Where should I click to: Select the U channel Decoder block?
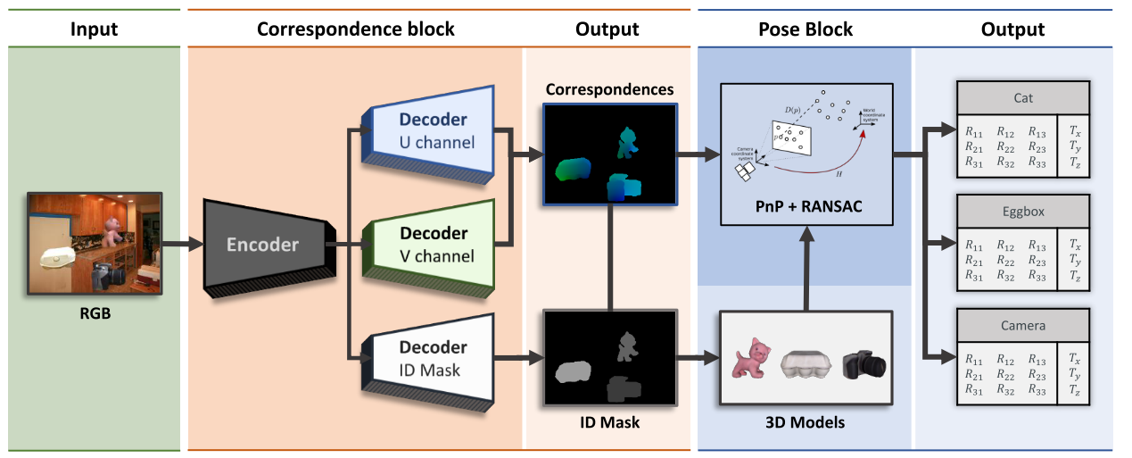coord(429,129)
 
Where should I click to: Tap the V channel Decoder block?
coord(429,244)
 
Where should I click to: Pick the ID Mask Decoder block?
coord(429,357)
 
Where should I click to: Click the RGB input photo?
coord(95,243)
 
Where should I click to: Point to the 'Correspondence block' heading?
coord(355,29)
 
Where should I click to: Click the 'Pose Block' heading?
coord(805,29)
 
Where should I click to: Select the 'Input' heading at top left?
coord(94,29)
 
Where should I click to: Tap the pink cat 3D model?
coord(751,359)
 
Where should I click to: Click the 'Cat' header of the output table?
coord(1023,99)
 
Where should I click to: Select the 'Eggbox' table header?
coord(1023,212)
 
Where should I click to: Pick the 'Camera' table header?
coord(1023,326)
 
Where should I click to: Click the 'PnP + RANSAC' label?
coord(806,209)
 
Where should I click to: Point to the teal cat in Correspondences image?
coord(627,141)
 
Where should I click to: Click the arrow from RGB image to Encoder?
coord(183,243)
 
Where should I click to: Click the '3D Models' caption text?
coord(806,422)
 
